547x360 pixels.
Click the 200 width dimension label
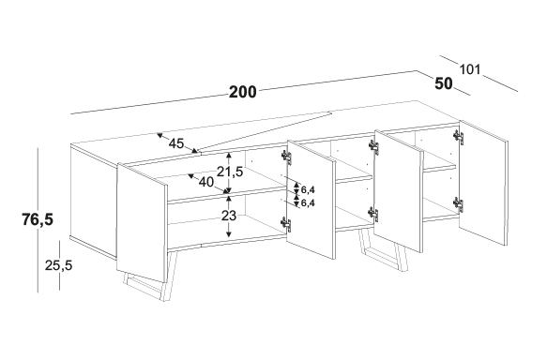243,92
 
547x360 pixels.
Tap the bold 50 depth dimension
444,83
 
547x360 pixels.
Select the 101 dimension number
469,69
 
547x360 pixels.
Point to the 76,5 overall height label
38,219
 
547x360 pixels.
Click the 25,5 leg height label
58,265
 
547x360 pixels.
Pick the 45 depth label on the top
175,143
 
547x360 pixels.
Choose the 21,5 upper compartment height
230,172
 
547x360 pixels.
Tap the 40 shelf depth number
205,182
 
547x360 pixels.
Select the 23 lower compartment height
229,216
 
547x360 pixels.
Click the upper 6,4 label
308,190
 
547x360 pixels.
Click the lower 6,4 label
308,202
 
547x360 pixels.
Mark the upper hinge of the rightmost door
458,137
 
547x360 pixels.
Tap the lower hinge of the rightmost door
458,204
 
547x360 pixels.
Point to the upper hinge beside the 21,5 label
286,157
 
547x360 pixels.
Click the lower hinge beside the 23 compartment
286,224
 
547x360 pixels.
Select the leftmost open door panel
142,222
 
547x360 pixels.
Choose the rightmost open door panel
483,183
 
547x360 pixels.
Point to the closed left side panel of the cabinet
93,201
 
